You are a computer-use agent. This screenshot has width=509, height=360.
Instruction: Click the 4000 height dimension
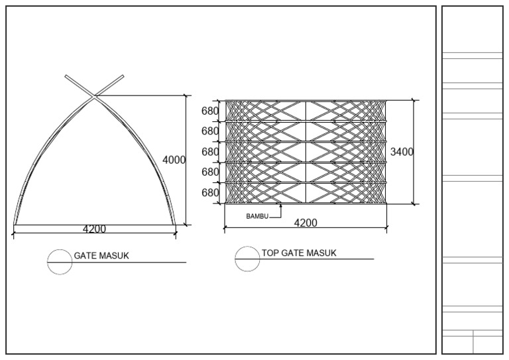[x=174, y=160]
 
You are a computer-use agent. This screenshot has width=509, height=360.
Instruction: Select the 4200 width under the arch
[x=94, y=229]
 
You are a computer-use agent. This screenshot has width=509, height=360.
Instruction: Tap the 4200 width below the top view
[x=306, y=223]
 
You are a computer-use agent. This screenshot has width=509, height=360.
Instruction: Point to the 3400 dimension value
[x=402, y=152]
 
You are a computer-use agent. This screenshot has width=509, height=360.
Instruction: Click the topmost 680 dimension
[x=210, y=111]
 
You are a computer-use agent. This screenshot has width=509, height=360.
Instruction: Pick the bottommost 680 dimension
[x=210, y=192]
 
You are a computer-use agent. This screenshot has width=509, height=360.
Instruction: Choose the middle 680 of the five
[x=210, y=152]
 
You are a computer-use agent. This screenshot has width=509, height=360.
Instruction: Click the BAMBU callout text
[x=257, y=216]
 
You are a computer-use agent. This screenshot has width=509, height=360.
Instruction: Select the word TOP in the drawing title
[x=270, y=253]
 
